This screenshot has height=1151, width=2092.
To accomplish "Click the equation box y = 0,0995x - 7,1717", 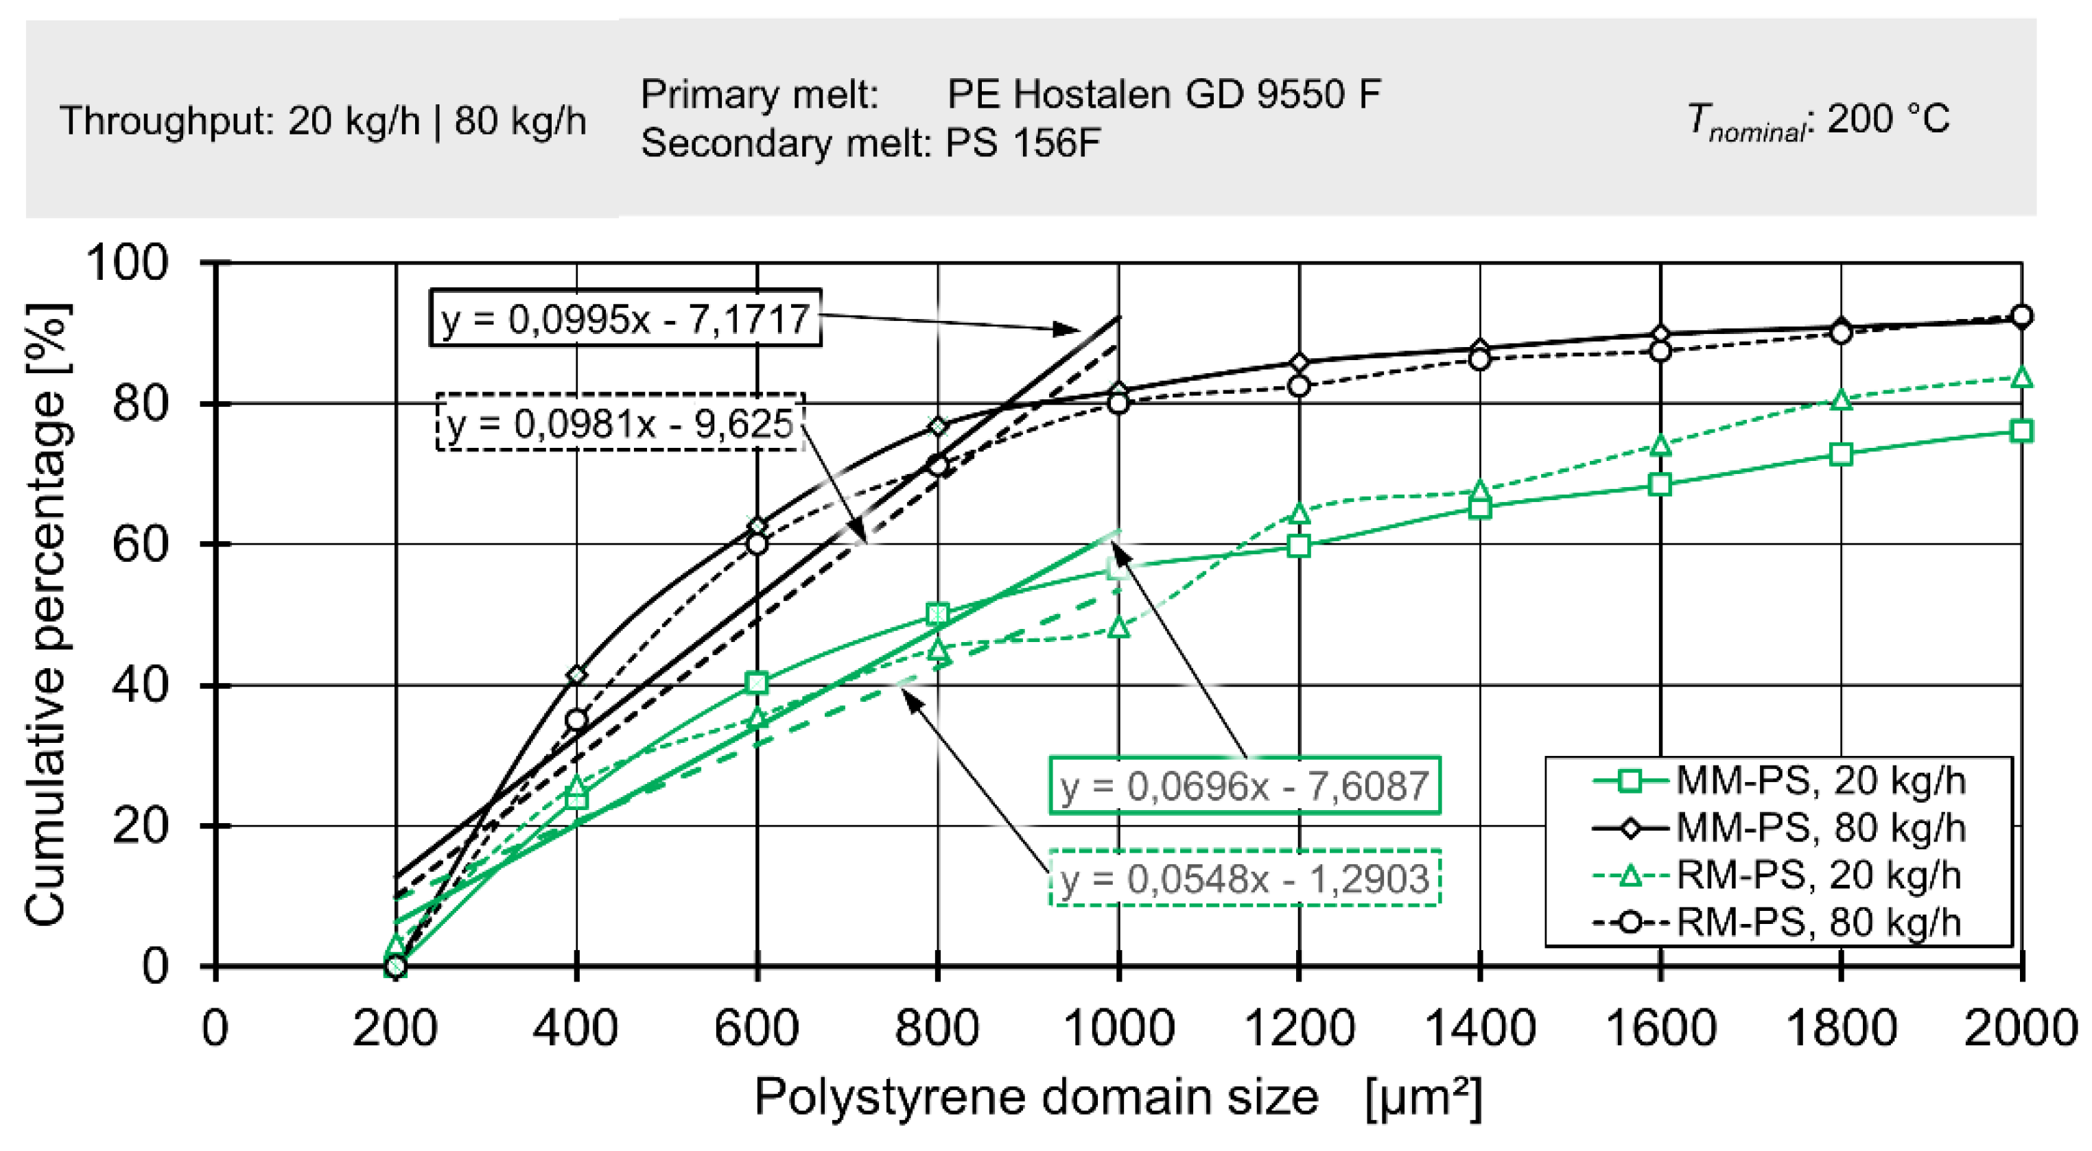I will click(624, 318).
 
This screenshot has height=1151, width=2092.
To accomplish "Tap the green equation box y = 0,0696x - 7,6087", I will click(1244, 785).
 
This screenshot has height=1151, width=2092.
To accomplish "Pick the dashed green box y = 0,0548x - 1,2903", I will click(1244, 878).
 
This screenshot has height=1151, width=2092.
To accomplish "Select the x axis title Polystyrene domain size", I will click(1035, 1097).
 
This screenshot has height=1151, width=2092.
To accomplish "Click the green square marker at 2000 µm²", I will click(2021, 431).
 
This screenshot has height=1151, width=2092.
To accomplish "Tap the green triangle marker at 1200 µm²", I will click(1300, 514).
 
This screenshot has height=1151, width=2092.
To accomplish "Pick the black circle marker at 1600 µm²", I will click(1660, 351).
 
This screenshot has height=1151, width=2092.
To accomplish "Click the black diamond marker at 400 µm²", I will click(576, 674).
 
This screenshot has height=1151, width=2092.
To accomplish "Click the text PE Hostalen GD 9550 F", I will click(1163, 94).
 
